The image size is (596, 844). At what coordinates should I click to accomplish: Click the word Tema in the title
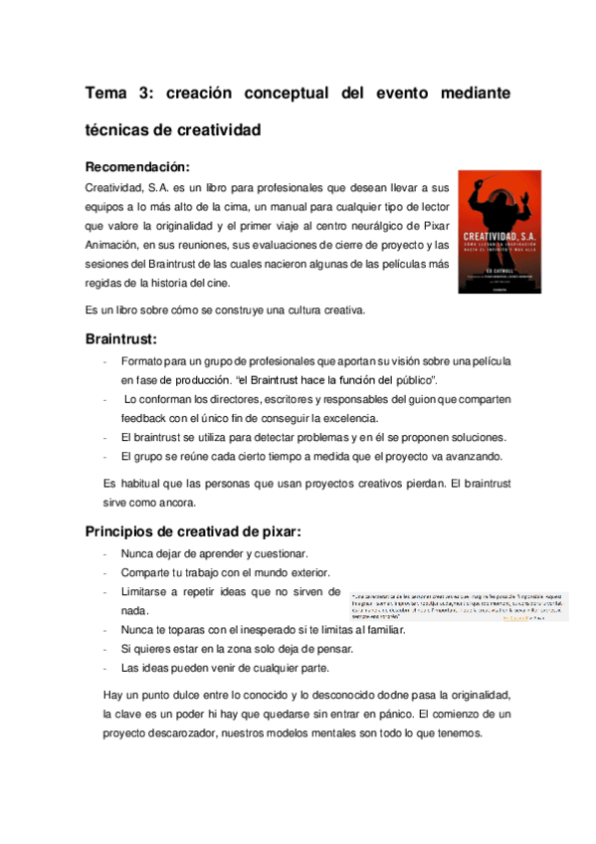point(106,94)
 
